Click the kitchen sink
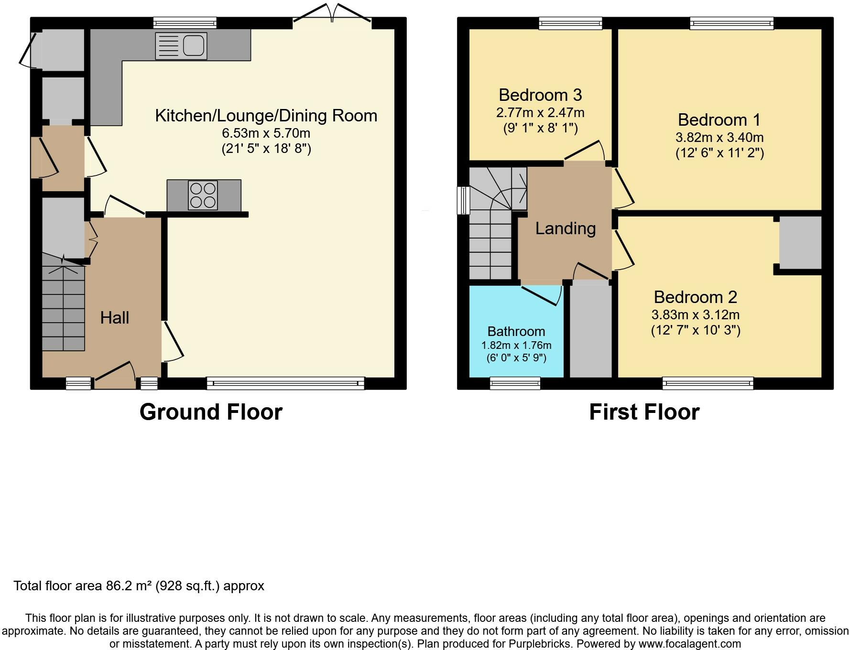tap(181, 46)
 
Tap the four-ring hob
tap(203, 195)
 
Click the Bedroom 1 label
tap(719, 119)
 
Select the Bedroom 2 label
tap(696, 297)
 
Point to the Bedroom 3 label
tap(540, 95)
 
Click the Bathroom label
tap(516, 331)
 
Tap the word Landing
tap(566, 228)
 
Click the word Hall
tap(115, 317)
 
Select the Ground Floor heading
tap(211, 412)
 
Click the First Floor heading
tap(644, 412)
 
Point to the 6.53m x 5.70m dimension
tap(266, 133)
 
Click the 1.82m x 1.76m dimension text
tap(516, 345)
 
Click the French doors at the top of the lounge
tap(332, 13)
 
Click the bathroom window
tap(515, 383)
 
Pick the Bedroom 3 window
tap(570, 23)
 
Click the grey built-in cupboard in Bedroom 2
tap(800, 243)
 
